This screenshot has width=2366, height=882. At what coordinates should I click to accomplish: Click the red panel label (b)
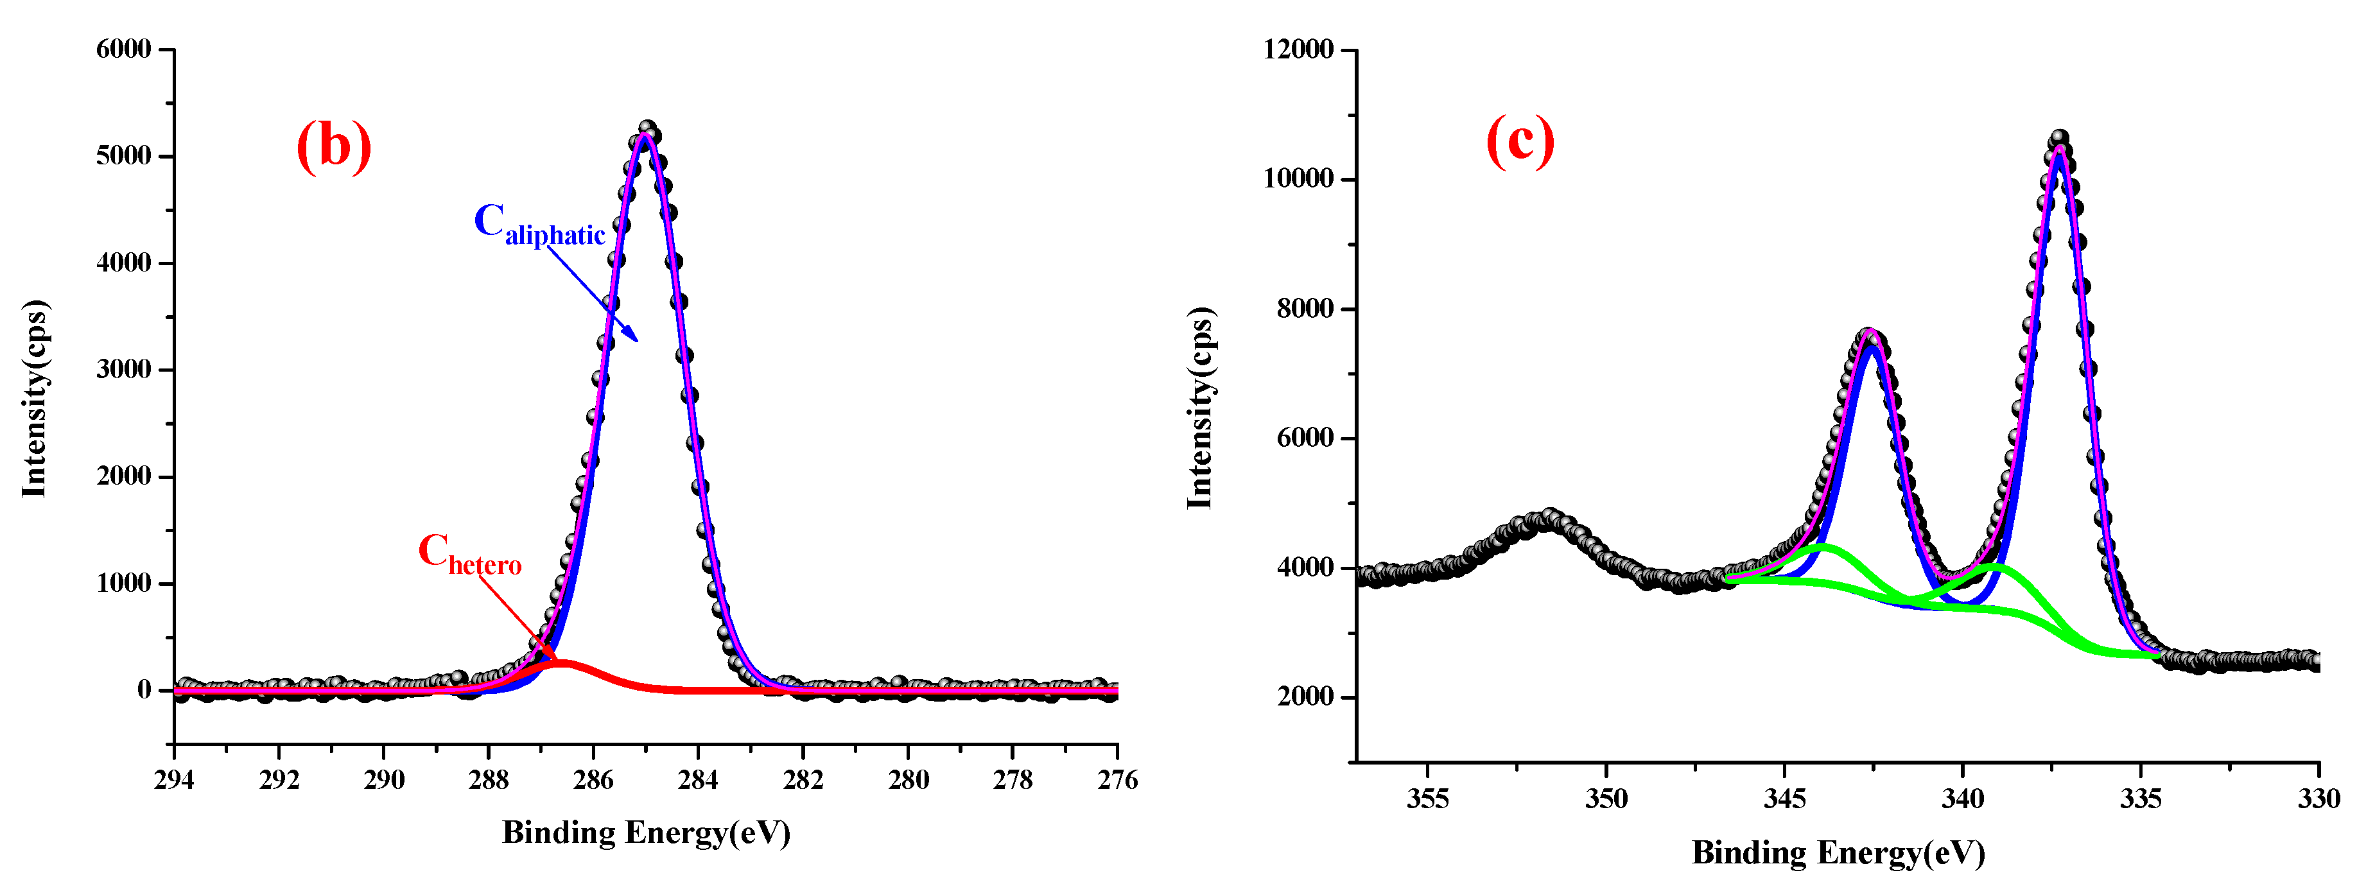point(333,145)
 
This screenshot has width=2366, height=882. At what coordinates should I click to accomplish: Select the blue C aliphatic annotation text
point(539,223)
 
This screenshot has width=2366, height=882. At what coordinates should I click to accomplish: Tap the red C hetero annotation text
point(469,554)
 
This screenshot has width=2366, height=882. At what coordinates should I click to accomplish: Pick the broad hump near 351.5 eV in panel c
point(1549,519)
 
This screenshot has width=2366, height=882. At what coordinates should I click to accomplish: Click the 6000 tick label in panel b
point(124,49)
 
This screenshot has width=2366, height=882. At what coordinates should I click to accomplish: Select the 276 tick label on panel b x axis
point(1117,780)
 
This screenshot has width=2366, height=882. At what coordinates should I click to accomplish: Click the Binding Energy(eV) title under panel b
point(646,833)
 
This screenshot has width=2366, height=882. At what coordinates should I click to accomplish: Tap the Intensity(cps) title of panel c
point(1201,408)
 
